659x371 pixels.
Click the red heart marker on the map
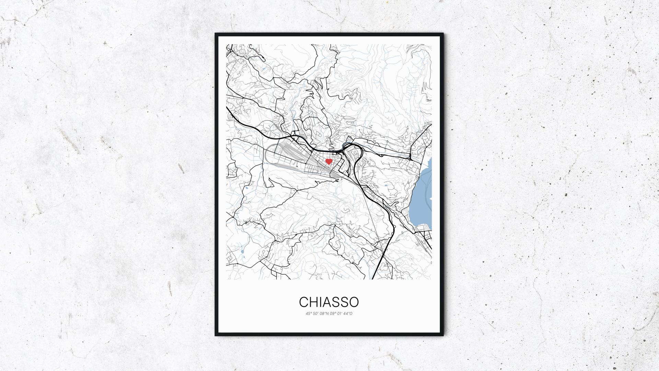click(329, 161)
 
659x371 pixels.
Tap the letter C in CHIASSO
click(303, 302)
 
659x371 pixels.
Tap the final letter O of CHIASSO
click(354, 302)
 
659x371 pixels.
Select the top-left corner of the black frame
click(216, 34)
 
